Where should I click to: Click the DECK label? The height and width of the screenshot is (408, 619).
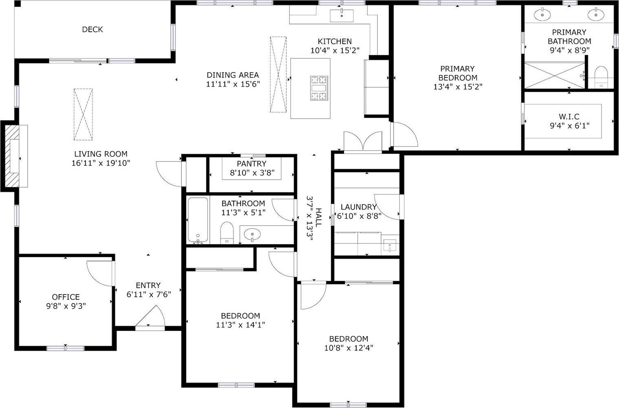pos(92,29)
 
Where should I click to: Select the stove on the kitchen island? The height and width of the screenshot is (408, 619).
pos(319,88)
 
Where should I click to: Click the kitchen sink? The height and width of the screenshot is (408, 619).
pos(341,15)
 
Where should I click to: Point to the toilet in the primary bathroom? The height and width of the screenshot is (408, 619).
pos(601,77)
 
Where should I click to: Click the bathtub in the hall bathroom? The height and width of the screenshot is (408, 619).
pos(198,220)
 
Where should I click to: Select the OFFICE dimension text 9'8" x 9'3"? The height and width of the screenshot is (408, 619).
pos(66,306)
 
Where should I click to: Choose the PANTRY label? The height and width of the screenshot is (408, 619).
pos(251,163)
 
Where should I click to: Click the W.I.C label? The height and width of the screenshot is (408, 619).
pos(569,117)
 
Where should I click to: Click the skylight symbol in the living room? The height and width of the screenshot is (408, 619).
pos(83,115)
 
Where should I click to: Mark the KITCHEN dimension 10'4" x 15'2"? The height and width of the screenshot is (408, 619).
pos(335,51)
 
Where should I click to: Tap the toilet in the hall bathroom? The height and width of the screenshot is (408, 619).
pos(226,233)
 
